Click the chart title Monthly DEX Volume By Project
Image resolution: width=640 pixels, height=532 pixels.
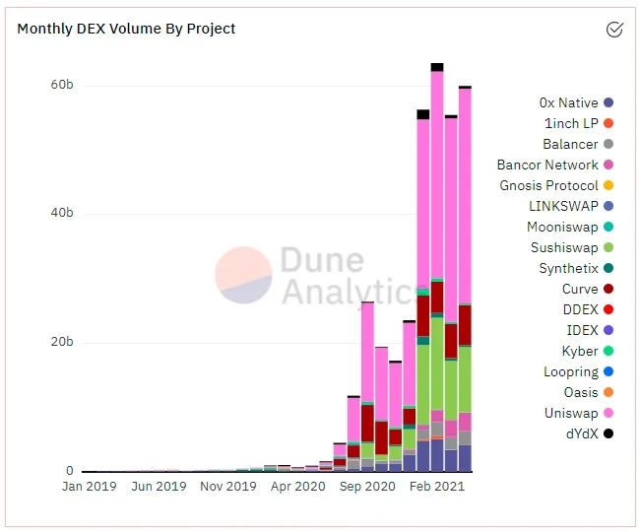[x=126, y=29]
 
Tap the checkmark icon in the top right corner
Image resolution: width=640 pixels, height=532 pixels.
[x=614, y=30]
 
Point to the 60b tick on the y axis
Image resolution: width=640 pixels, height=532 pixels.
[x=62, y=86]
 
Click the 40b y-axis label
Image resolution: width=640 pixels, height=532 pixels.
[x=62, y=214]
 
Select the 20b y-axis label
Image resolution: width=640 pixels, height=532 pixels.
[x=62, y=343]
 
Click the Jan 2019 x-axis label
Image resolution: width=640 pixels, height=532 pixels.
[x=90, y=487]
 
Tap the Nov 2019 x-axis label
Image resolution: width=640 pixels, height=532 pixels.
[x=228, y=487]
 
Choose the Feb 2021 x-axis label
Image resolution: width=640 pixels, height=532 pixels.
[x=435, y=487]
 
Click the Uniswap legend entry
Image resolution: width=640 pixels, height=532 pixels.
[x=571, y=413]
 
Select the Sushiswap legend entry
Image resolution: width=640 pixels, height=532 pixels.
[x=564, y=247]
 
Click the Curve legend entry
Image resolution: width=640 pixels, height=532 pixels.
[x=580, y=289]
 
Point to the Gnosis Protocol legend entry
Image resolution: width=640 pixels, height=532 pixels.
[x=548, y=185]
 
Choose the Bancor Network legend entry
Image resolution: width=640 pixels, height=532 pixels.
[x=547, y=165]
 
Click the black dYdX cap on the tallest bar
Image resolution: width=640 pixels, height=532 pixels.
[x=437, y=67]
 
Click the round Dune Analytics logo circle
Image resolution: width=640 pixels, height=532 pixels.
[x=243, y=275]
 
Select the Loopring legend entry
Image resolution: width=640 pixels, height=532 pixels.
[x=571, y=371]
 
